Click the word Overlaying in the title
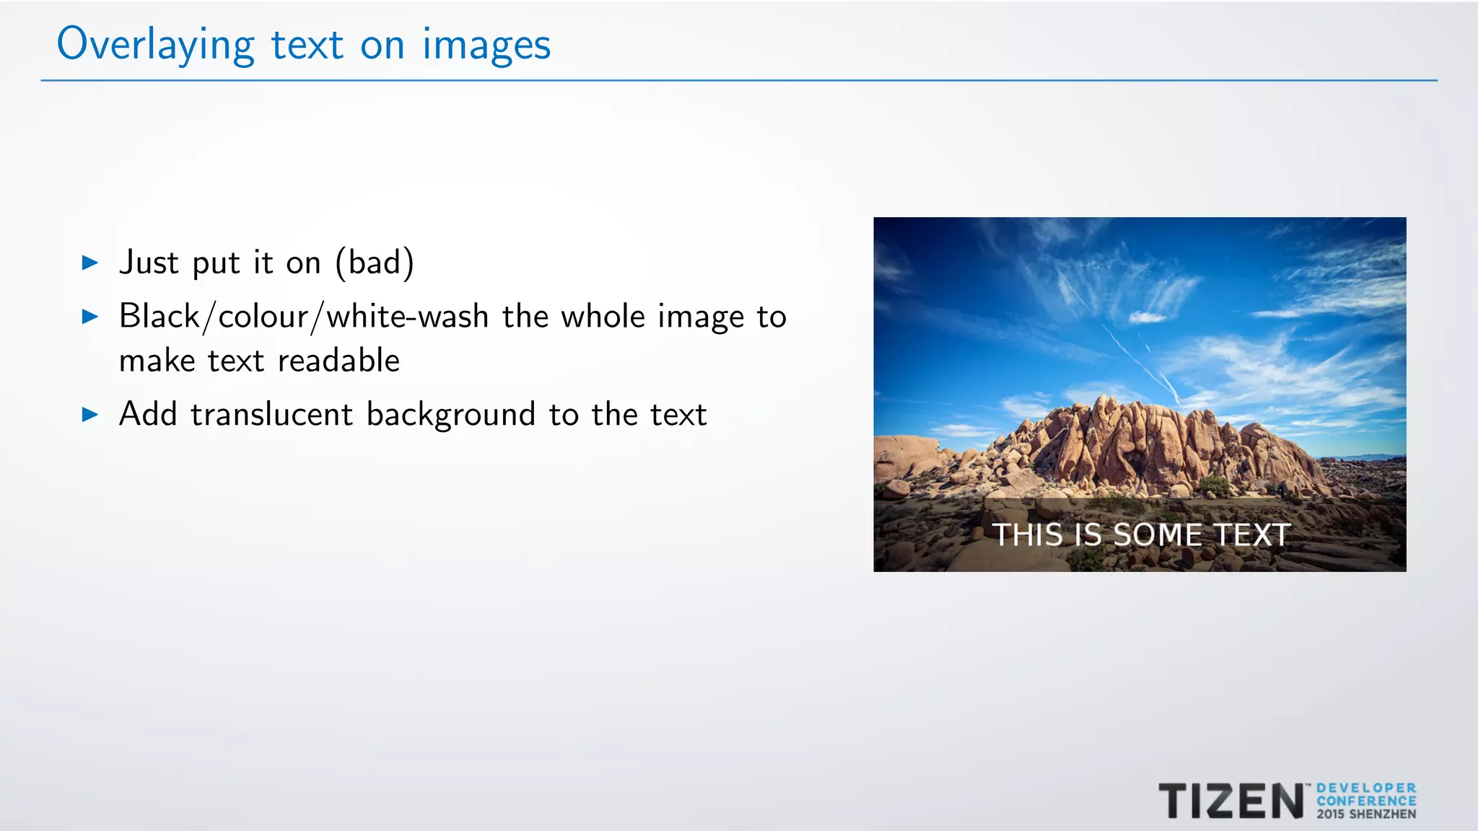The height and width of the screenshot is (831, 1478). coord(155,45)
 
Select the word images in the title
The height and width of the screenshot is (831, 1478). coord(486,45)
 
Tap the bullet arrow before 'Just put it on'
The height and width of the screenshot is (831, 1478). coord(90,263)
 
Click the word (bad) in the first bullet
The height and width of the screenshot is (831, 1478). coord(375,263)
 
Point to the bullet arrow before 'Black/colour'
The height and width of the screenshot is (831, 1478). coord(90,316)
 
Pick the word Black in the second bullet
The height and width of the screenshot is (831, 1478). coord(159,316)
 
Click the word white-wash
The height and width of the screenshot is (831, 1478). coord(408,316)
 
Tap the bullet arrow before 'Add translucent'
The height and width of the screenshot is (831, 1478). coord(90,414)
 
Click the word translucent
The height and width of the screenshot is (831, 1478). coord(272,414)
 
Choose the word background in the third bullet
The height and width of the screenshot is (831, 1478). coord(451,415)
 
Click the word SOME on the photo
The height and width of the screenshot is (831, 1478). coord(1158,535)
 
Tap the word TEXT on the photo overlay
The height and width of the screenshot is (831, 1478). coord(1252,535)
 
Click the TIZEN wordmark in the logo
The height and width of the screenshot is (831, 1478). coord(1231,801)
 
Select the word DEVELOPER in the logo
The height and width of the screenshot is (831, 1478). coord(1366,788)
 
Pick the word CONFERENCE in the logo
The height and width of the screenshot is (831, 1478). coord(1366,801)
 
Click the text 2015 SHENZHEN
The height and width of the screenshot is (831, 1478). coord(1366,814)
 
